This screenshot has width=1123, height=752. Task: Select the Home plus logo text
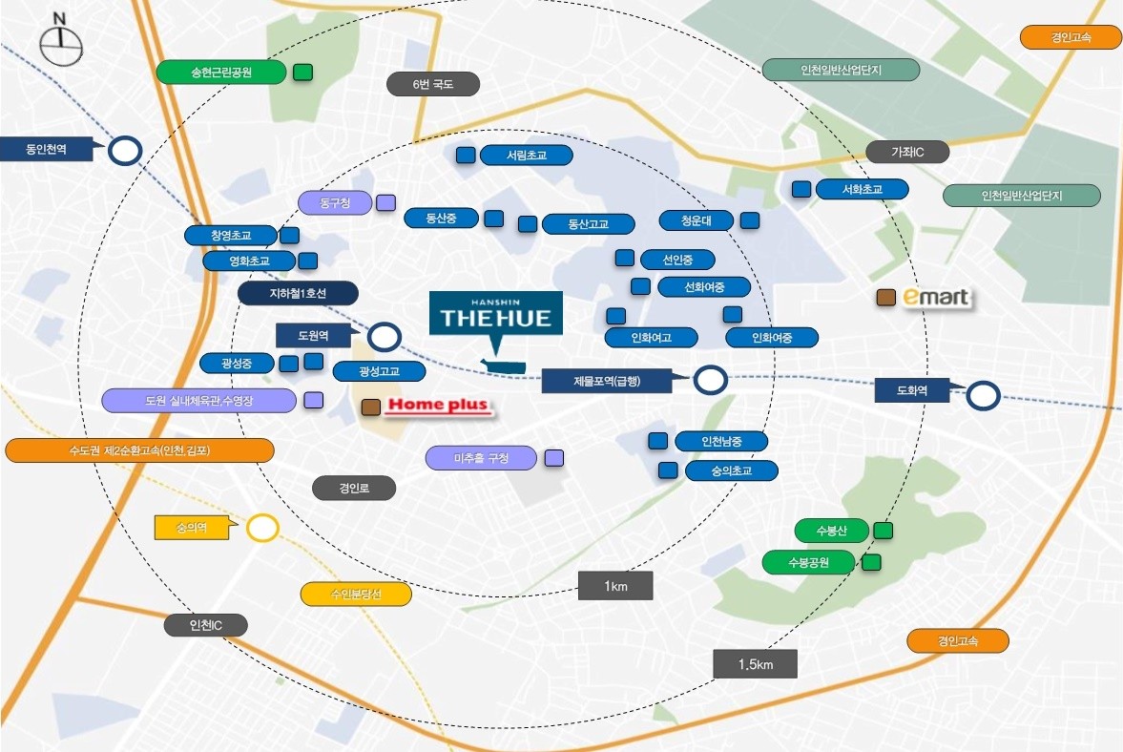click(x=439, y=407)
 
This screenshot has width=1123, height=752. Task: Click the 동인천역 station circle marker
click(x=125, y=151)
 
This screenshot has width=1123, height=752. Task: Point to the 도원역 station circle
click(x=384, y=336)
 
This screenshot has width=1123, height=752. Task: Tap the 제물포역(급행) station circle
click(x=709, y=381)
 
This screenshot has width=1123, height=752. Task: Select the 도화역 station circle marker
click(x=982, y=395)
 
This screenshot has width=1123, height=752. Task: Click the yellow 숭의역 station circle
click(x=262, y=528)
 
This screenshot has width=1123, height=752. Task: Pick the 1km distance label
click(x=615, y=586)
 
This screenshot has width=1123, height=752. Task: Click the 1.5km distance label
click(x=755, y=664)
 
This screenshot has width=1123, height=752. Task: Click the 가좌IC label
click(x=907, y=152)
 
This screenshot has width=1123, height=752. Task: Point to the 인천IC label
click(x=205, y=625)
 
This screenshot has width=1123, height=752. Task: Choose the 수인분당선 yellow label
click(x=356, y=594)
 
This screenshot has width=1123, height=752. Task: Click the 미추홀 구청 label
click(x=481, y=459)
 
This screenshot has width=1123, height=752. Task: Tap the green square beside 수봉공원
click(x=871, y=562)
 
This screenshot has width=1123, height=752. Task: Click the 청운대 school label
click(x=696, y=220)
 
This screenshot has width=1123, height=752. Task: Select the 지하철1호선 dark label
click(x=298, y=294)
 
